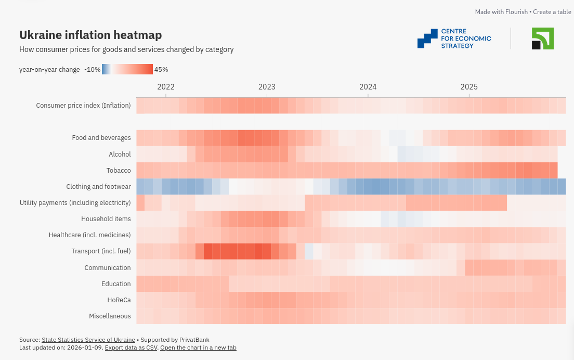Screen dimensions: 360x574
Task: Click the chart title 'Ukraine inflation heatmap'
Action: (x=90, y=35)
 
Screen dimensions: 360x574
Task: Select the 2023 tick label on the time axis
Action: (x=267, y=87)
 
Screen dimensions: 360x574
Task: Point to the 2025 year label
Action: (x=469, y=87)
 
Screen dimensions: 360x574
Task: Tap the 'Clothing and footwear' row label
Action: (x=98, y=186)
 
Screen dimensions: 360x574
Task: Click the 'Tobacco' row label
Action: (x=119, y=170)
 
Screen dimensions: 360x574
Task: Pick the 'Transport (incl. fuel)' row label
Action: (x=101, y=251)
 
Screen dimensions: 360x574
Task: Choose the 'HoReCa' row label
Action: (x=119, y=300)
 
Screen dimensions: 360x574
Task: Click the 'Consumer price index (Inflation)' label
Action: (x=83, y=106)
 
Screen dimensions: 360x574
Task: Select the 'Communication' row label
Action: (x=108, y=267)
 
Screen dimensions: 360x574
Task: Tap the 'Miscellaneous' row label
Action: (x=110, y=316)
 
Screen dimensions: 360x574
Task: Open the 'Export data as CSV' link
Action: (x=131, y=348)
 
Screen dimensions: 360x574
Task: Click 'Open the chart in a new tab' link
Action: (x=198, y=348)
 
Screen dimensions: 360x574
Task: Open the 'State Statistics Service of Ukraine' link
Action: (x=88, y=340)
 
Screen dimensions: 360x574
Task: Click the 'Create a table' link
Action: (x=552, y=12)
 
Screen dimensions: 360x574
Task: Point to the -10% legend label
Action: (x=92, y=69)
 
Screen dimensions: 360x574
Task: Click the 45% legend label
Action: (x=161, y=69)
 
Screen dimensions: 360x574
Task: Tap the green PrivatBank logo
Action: (x=542, y=38)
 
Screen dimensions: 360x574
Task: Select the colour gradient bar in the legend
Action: (x=127, y=69)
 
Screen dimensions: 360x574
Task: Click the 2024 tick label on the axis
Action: (x=368, y=87)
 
